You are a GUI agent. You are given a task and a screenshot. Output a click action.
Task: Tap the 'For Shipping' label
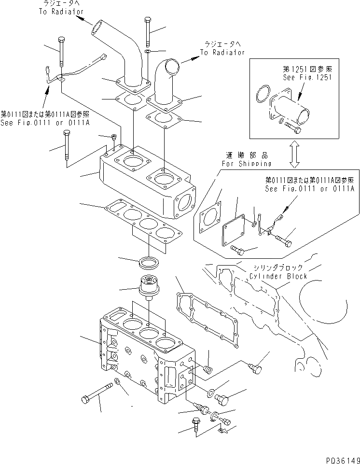tap(246, 163)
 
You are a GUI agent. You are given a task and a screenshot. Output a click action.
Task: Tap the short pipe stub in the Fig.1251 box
tap(295, 108)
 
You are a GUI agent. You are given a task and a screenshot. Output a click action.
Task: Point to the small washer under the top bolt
tap(148, 51)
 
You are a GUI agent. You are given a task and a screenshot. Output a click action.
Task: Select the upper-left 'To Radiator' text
tap(61, 11)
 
